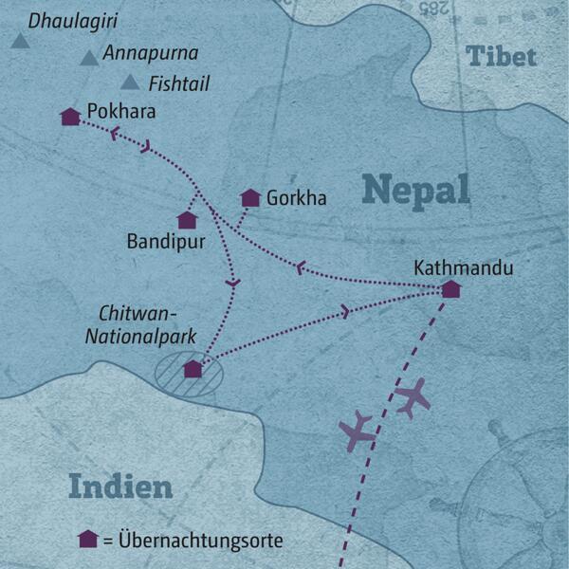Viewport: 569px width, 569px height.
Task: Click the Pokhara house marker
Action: click(69, 117)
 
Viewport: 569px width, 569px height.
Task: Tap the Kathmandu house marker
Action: click(451, 288)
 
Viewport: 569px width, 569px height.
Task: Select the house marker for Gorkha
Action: click(250, 198)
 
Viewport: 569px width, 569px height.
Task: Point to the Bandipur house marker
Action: click(187, 220)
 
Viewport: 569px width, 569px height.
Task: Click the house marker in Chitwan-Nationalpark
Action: click(193, 369)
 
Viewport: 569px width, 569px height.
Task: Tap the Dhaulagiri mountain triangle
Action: click(19, 40)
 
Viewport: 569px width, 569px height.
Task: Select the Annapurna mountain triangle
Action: click(89, 59)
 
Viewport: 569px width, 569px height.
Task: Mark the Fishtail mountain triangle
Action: click(130, 83)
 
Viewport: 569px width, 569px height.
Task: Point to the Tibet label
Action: click(502, 56)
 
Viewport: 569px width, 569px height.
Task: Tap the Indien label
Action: click(120, 487)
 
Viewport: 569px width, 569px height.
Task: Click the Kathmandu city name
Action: click(464, 267)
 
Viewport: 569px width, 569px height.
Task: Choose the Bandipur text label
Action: click(165, 243)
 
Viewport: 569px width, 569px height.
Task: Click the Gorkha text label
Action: click(297, 198)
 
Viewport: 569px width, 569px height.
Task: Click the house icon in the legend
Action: click(88, 539)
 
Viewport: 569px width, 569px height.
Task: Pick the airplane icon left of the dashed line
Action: click(358, 431)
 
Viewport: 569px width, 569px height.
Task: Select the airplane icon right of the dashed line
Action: click(413, 397)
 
